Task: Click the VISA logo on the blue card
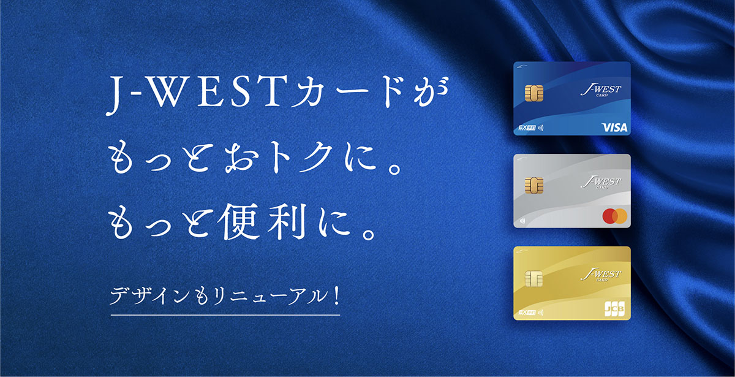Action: pyautogui.click(x=614, y=128)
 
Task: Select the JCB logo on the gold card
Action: pyautogui.click(x=614, y=308)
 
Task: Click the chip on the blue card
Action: pyautogui.click(x=534, y=93)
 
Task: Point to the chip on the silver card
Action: pyautogui.click(x=534, y=186)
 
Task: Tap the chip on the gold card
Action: pyautogui.click(x=534, y=278)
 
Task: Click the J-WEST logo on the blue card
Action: pyautogui.click(x=600, y=91)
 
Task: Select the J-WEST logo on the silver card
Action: pyautogui.click(x=600, y=183)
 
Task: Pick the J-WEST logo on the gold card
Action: pyautogui.click(x=600, y=275)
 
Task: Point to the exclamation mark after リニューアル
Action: pyautogui.click(x=336, y=297)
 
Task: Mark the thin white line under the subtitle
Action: pyautogui.click(x=225, y=315)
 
